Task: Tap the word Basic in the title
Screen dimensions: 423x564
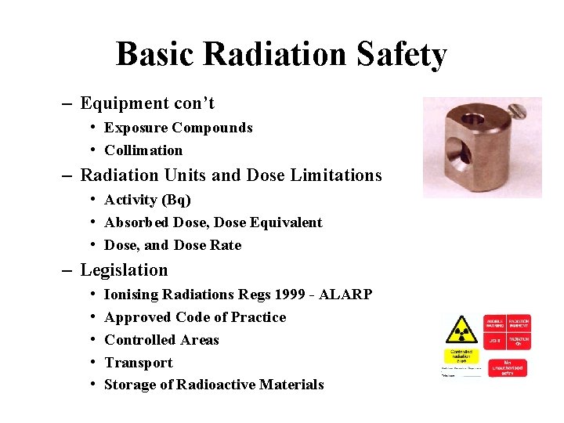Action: coord(156,55)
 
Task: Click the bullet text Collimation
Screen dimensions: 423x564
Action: coord(143,150)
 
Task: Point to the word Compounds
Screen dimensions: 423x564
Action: coord(212,128)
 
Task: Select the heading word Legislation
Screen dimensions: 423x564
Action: coord(124,270)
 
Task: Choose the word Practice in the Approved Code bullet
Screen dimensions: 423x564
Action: coord(257,317)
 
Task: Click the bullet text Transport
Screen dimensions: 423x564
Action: coord(139,363)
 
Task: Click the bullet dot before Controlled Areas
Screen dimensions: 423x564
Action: coord(92,340)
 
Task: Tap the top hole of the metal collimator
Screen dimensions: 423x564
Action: coord(473,119)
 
